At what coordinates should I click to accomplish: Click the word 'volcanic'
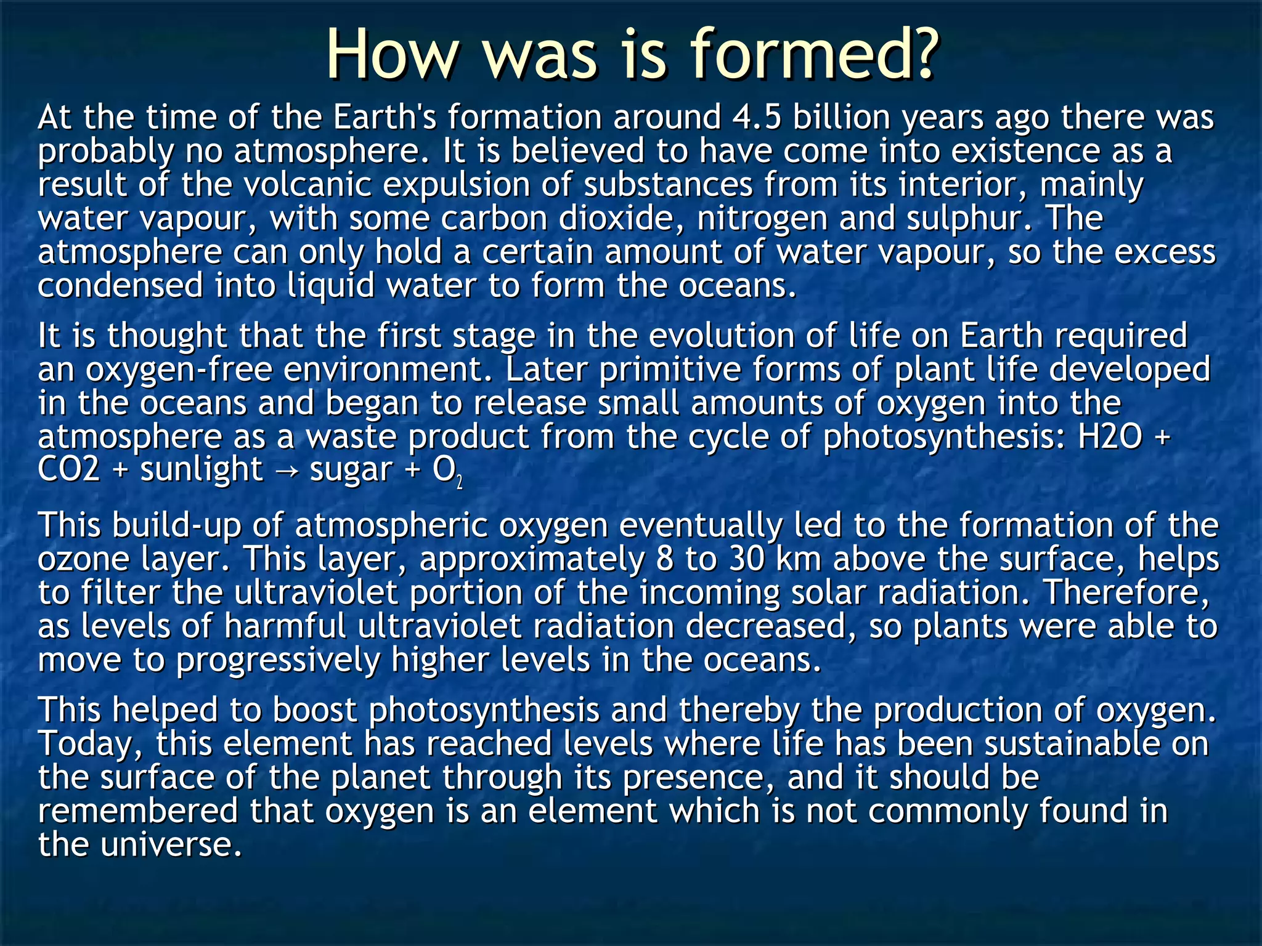pos(307,185)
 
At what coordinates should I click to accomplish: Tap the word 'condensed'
pos(121,286)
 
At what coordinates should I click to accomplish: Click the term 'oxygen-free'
pos(179,370)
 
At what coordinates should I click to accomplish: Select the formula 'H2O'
pos(1110,437)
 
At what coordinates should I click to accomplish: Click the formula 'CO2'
pos(68,470)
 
